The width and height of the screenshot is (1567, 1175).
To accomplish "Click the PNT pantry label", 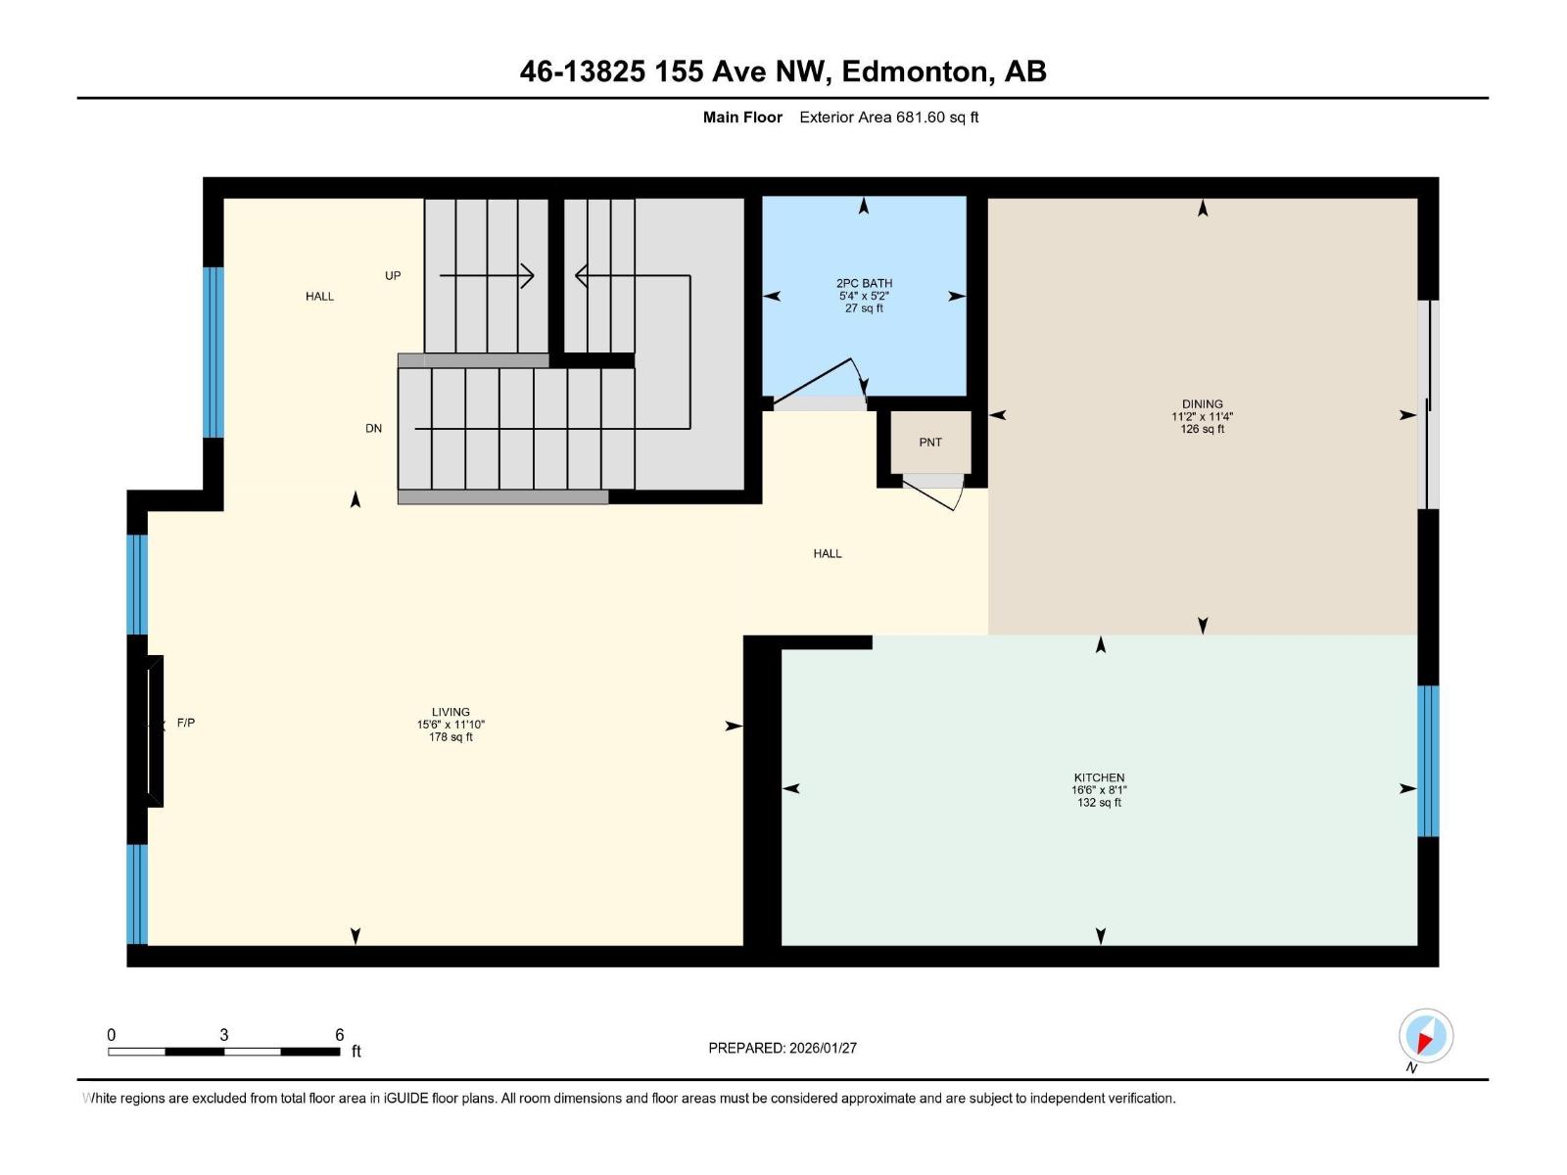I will pos(929,443).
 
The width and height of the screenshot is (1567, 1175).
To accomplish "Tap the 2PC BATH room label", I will pos(864,283).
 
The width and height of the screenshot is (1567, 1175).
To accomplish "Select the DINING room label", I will pos(1202,403).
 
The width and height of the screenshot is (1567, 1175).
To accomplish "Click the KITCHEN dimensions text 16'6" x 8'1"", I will pos(1099,790).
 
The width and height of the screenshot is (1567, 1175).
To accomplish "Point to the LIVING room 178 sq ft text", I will pos(451,737).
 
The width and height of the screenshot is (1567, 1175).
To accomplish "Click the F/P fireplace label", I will pos(185,723).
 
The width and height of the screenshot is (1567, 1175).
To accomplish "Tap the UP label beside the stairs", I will pos(393,276).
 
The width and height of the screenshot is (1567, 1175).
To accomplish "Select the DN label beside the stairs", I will pos(373,429).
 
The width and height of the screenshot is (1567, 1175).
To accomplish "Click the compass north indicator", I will pos(1425,1036).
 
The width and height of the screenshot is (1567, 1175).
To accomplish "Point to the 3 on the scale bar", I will pos(224,1035).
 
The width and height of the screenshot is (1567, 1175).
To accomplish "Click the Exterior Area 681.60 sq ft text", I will pos(888,117).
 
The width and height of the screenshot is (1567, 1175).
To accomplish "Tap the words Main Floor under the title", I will pos(742,117).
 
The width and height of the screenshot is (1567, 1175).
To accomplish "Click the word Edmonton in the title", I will pos(914,71).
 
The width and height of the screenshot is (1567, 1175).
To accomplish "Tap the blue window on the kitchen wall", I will pos(1428,761).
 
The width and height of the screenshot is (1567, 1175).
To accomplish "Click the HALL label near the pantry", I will pos(827,553).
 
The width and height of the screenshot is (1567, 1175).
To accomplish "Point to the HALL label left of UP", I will pos(319,296).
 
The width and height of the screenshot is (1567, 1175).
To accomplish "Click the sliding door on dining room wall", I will pos(1429,404).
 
